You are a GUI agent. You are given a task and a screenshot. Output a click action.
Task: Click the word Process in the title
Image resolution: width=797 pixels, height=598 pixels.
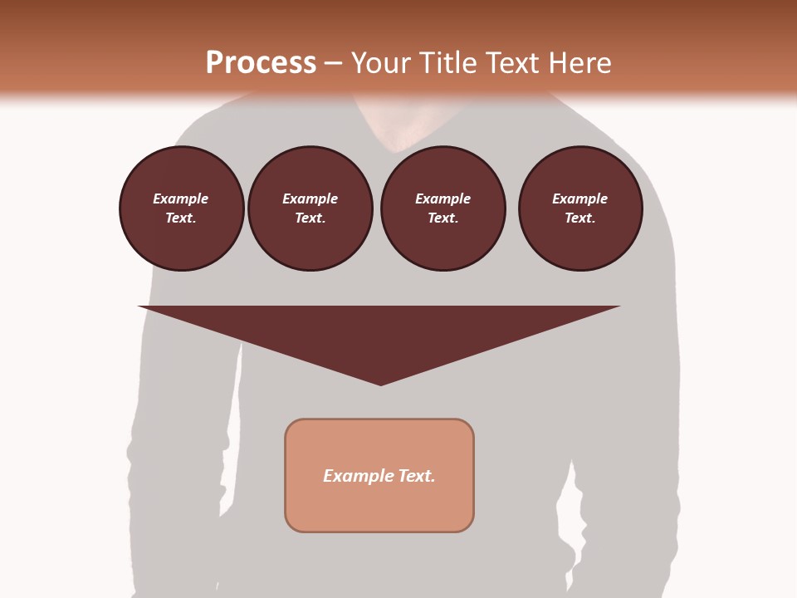[x=261, y=63]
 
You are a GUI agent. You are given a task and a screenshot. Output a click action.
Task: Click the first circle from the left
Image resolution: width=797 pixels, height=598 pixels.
[x=182, y=208]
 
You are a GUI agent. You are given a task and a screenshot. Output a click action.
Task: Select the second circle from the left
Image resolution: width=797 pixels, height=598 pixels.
[x=310, y=208]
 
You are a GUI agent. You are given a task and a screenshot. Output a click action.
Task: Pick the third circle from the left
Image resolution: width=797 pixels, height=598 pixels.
[x=443, y=208]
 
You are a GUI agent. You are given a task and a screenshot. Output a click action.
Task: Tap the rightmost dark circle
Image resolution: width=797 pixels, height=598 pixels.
[x=580, y=208]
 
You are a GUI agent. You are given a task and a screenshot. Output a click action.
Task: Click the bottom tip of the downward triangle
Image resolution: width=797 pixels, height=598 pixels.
[x=381, y=383]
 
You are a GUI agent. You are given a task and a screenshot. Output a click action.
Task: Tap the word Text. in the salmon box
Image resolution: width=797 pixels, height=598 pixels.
[x=417, y=476]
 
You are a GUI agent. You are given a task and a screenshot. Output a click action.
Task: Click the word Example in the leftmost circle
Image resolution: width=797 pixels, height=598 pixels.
[x=181, y=199]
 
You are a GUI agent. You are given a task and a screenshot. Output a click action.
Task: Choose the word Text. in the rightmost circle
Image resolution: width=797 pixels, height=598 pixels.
[x=580, y=218]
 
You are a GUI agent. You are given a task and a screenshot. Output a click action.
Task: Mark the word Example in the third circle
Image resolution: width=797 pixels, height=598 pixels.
[x=443, y=199]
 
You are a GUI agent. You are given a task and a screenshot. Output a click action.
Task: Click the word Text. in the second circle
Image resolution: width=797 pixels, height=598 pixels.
[x=310, y=218]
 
